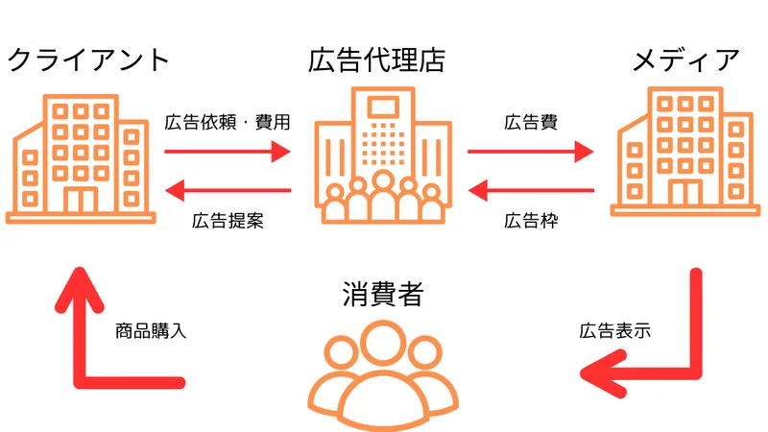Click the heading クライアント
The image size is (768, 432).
pos(88,60)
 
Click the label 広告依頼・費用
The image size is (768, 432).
pos(227,123)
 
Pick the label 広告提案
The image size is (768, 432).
pos(228,220)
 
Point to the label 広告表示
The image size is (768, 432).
pos(615,332)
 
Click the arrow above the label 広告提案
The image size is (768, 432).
pos(228,190)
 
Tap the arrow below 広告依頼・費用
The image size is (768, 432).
pos(228,151)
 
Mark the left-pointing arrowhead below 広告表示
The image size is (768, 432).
pos(601,372)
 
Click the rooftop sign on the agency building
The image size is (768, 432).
pos(384,104)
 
